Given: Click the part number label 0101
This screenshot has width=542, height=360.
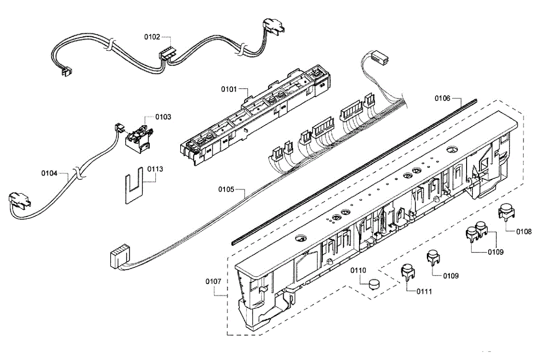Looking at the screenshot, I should click(x=229, y=89).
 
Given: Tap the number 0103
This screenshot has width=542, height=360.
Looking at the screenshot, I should click(x=163, y=117).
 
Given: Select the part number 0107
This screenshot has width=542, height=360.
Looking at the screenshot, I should click(x=213, y=281).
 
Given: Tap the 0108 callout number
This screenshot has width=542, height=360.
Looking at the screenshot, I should click(x=524, y=232).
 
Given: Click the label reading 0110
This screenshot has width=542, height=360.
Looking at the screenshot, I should click(x=359, y=270).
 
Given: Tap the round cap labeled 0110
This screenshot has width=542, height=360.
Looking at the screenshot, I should click(x=374, y=285).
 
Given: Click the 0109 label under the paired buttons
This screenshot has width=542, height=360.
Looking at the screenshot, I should click(x=495, y=252).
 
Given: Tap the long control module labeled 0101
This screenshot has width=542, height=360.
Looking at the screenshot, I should click(x=253, y=115).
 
